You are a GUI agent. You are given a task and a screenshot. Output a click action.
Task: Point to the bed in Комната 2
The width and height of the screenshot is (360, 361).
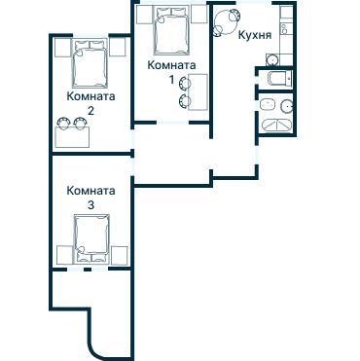click(90, 64)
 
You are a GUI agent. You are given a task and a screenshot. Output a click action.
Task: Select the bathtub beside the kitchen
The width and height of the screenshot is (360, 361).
click(274, 79)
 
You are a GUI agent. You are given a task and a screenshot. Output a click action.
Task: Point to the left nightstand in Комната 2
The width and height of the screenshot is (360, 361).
click(62, 47)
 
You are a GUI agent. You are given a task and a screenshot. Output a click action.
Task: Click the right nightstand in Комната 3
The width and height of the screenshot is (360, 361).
click(121, 255)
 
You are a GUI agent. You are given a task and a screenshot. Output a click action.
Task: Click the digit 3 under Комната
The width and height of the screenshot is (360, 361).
click(90, 206)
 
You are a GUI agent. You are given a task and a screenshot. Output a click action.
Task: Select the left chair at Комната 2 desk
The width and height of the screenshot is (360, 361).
click(64, 123)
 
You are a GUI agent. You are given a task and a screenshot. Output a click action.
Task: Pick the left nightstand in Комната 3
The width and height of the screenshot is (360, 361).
click(63, 255)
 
